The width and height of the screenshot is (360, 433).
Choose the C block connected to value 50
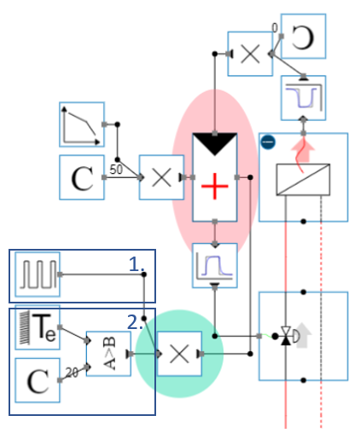tap(82, 178)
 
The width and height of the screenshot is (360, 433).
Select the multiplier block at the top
tap(250, 54)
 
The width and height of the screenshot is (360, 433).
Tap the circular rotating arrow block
tap(303, 35)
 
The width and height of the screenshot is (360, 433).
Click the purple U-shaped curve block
tap(303, 97)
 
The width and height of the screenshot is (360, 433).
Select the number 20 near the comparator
tap(73, 372)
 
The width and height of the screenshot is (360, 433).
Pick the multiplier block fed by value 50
tap(161, 178)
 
